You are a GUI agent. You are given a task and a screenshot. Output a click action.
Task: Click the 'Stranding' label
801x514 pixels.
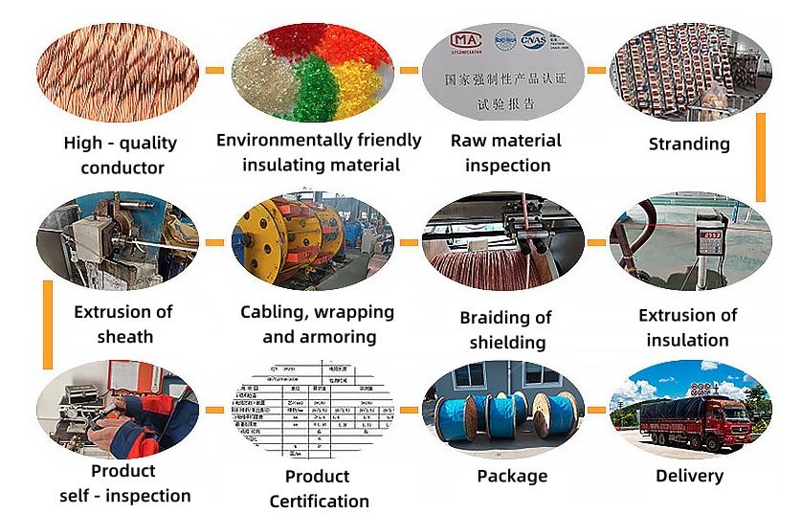(689, 145)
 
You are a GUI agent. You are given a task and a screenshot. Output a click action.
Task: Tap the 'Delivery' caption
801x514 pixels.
(689, 475)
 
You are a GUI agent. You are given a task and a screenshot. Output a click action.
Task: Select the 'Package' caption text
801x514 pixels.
(512, 476)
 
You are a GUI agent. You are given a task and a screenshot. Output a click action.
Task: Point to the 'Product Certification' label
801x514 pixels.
(319, 488)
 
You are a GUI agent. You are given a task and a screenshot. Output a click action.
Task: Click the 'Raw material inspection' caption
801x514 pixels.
(506, 153)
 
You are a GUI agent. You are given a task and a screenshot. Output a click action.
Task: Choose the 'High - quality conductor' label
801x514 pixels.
(121, 155)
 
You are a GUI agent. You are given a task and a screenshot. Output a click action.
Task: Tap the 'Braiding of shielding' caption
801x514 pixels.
(506, 329)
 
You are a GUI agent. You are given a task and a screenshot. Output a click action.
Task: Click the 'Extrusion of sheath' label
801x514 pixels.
(123, 324)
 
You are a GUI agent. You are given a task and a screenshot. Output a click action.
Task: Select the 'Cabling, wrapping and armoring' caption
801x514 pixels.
(317, 324)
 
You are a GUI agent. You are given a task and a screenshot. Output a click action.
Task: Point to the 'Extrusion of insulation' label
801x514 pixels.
(688, 326)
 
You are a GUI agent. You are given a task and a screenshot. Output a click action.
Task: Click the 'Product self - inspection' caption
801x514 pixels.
(123, 483)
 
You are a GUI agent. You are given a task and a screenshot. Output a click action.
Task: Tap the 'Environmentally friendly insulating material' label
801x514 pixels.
(319, 152)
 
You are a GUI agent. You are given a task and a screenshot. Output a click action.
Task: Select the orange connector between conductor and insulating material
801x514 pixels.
(216, 71)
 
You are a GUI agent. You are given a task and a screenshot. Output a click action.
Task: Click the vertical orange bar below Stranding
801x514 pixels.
(761, 157)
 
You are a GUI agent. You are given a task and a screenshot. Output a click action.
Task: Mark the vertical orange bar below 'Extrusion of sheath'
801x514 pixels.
(47, 325)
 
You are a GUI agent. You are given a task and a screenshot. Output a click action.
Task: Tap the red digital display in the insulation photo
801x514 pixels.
(709, 233)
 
